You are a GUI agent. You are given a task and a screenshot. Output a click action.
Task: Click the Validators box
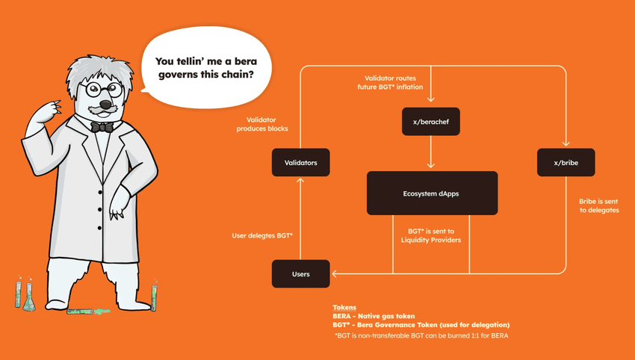coord(300,162)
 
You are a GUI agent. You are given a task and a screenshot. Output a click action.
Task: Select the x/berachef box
coord(431,120)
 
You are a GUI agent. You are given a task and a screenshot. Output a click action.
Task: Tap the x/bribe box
coord(566,162)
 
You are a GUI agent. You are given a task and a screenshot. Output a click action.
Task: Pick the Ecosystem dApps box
coord(431,193)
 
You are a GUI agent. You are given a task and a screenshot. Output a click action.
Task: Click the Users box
coord(300,273)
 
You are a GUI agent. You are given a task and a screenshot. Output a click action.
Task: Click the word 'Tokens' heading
coord(344,308)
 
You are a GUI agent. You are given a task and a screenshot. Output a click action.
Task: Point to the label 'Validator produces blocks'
coord(266,124)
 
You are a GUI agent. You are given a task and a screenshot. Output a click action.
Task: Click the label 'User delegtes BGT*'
coord(262,236)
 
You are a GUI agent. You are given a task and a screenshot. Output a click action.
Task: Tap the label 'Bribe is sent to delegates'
coord(598,205)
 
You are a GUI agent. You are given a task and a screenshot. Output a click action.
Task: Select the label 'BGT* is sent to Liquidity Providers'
coord(431,235)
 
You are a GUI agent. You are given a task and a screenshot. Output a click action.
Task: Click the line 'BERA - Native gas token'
coord(374,316)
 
